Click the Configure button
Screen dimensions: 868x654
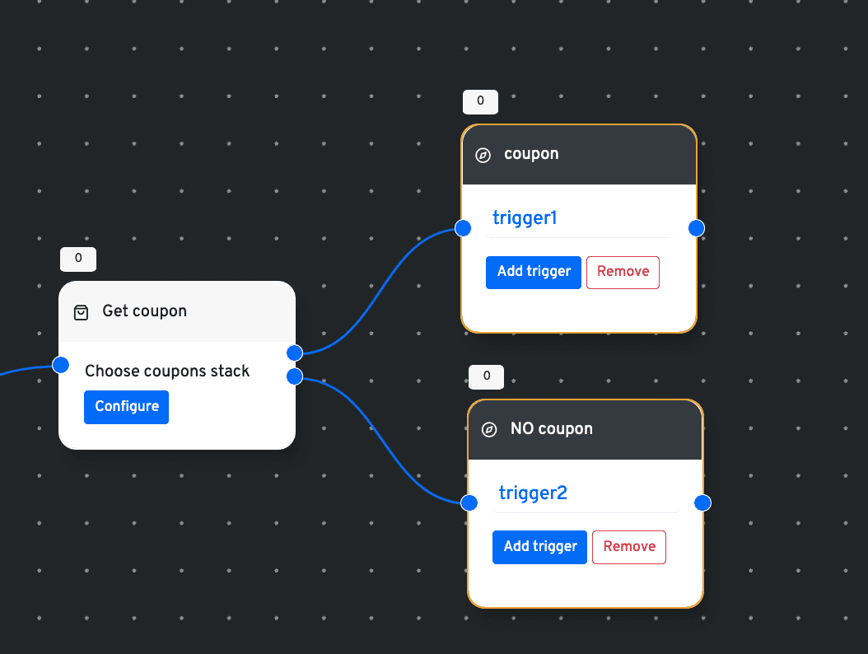pos(126,407)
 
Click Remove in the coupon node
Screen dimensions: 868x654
pos(623,272)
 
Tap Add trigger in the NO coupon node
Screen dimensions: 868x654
pos(539,547)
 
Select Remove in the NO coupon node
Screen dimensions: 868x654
pos(629,547)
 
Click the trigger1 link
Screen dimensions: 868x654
pos(525,218)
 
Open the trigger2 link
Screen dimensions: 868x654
pos(533,493)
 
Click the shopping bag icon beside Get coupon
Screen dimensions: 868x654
pos(81,312)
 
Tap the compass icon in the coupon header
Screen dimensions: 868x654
pos(483,155)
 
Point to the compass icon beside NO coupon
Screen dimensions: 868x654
pos(489,429)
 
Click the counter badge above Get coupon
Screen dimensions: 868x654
pos(78,259)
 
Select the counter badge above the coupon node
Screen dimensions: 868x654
pos(480,101)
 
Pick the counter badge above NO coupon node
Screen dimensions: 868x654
pos(486,376)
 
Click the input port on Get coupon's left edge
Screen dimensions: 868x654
pos(60,365)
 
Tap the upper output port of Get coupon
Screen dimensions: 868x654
pos(295,353)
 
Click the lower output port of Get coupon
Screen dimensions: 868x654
pos(295,376)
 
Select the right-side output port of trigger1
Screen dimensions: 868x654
pos(697,227)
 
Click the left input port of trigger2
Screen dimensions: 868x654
pos(469,502)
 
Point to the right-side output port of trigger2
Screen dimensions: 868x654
pos(702,502)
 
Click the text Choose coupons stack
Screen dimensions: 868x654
pos(167,371)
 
